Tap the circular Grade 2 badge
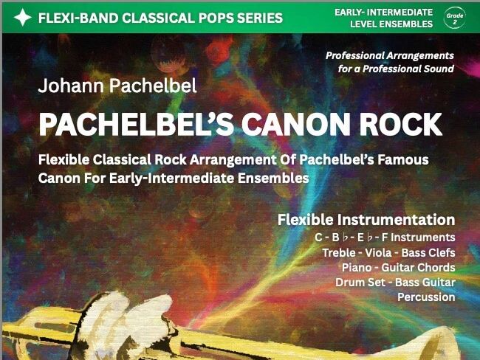455,17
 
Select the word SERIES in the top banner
258,18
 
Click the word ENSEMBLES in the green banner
405,24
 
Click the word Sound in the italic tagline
439,69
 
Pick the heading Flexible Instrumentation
366,219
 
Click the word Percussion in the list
426,297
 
